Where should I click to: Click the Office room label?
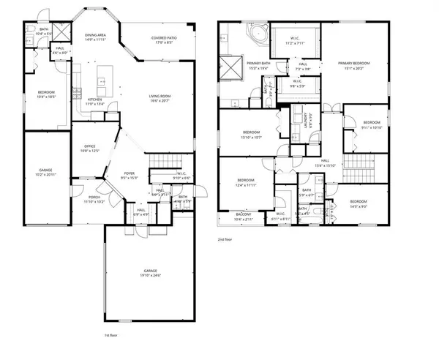90,149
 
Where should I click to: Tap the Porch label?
94,198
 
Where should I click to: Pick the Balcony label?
242,217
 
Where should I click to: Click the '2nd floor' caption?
225,239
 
